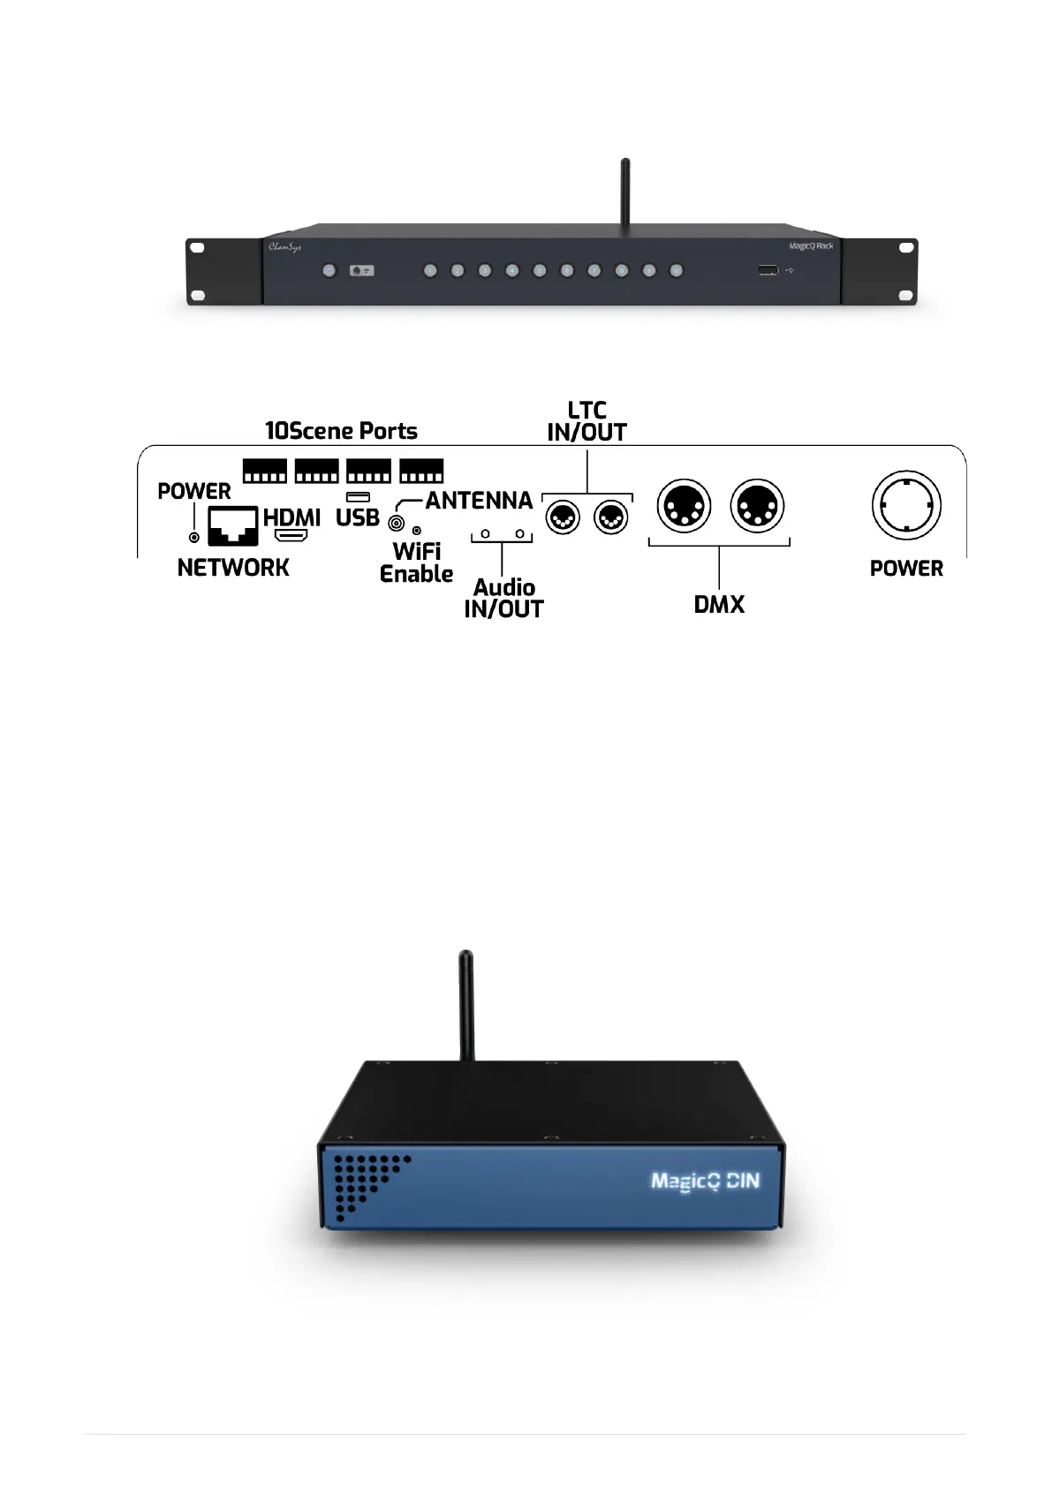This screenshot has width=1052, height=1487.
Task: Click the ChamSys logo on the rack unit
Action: pyautogui.click(x=284, y=247)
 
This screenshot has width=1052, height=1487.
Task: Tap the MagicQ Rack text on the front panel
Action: pyautogui.click(x=810, y=246)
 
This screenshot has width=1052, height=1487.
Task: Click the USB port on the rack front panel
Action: pyautogui.click(x=768, y=269)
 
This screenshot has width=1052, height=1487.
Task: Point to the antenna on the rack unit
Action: pyautogui.click(x=625, y=192)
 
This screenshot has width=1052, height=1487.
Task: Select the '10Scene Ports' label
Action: pyautogui.click(x=341, y=431)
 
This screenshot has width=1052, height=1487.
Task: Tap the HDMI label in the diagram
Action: pyautogui.click(x=291, y=517)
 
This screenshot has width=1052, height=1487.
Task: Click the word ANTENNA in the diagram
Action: pyautogui.click(x=479, y=501)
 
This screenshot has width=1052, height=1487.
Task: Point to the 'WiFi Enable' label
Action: pyautogui.click(x=416, y=562)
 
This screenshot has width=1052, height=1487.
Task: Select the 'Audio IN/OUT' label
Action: pyautogui.click(x=503, y=598)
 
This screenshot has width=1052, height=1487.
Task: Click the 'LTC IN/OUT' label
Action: pyautogui.click(x=587, y=421)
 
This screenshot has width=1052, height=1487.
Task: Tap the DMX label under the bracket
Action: pyautogui.click(x=719, y=605)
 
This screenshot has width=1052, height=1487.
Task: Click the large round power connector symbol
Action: pyautogui.click(x=906, y=506)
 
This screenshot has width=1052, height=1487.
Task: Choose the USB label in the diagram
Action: pyautogui.click(x=357, y=517)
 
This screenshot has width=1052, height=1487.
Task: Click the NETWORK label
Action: pyautogui.click(x=233, y=568)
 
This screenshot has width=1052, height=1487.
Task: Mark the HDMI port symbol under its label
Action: pyautogui.click(x=291, y=536)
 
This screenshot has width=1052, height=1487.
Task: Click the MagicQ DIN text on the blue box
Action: pyautogui.click(x=705, y=1181)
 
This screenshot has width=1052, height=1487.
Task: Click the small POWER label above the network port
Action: pyautogui.click(x=193, y=491)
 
